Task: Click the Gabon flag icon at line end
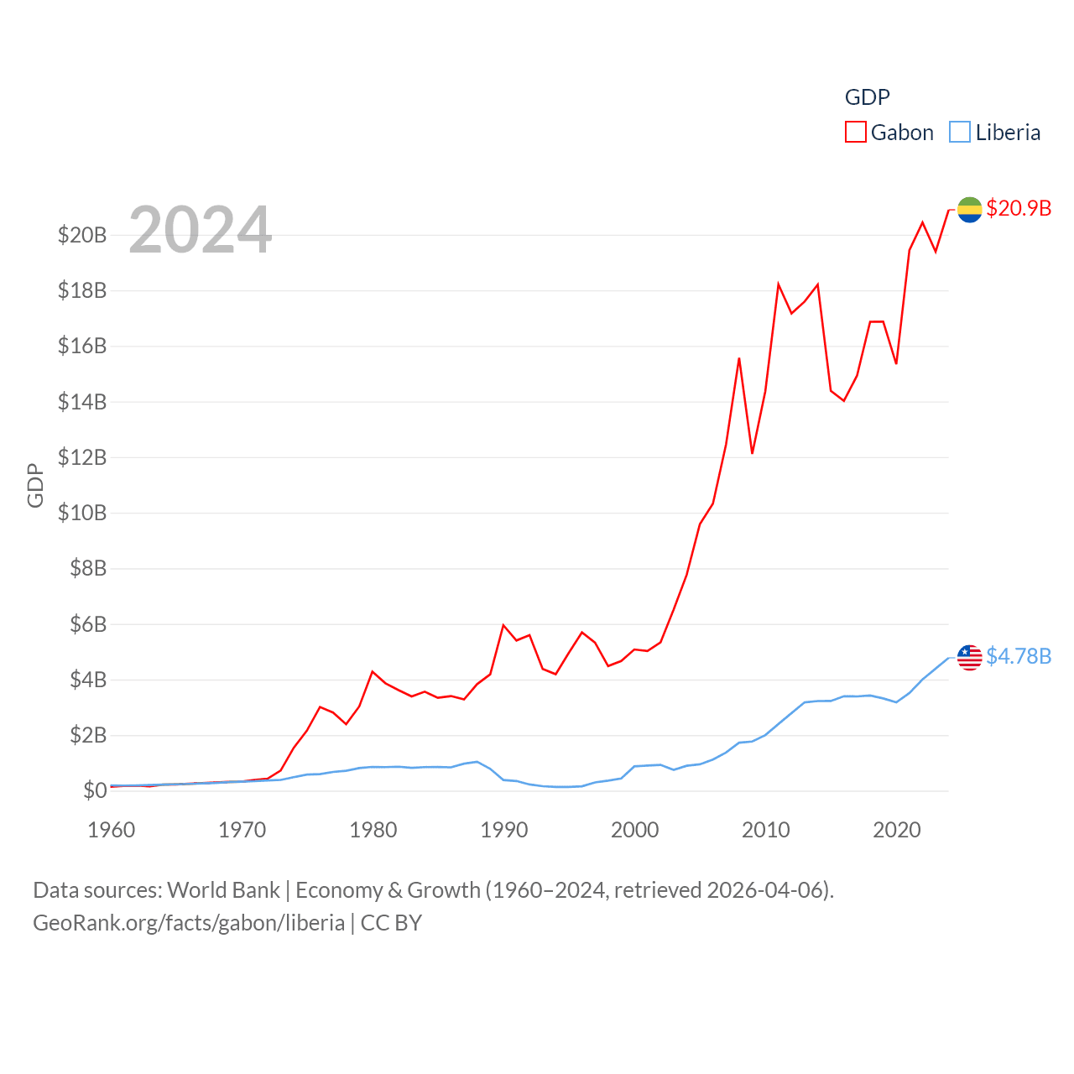pos(969,210)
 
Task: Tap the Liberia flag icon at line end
pos(969,658)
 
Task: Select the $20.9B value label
pos(1019,208)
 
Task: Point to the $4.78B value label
pos(1019,656)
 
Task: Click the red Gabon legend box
pos(855,133)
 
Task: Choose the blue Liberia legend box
pos(960,133)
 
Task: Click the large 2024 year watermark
pos(200,230)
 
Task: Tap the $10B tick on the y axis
pos(82,513)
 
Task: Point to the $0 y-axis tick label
pos(95,790)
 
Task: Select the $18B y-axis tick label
pos(82,290)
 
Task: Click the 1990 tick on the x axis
pos(503,831)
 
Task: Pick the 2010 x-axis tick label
pos(765,831)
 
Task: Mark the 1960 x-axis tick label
pos(112,831)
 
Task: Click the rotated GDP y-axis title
pos(35,485)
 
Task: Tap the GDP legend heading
pos(867,97)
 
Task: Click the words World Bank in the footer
pos(223,890)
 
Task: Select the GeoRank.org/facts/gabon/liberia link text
pos(189,923)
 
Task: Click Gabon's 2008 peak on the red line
pos(739,358)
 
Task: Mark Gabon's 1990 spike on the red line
pos(503,625)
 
